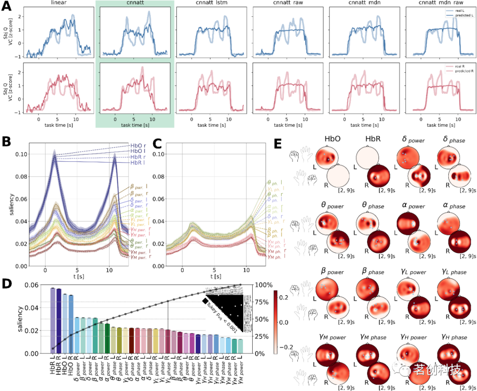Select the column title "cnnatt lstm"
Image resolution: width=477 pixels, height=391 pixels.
[211, 4]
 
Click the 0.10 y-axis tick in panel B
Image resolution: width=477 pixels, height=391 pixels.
[20, 154]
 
